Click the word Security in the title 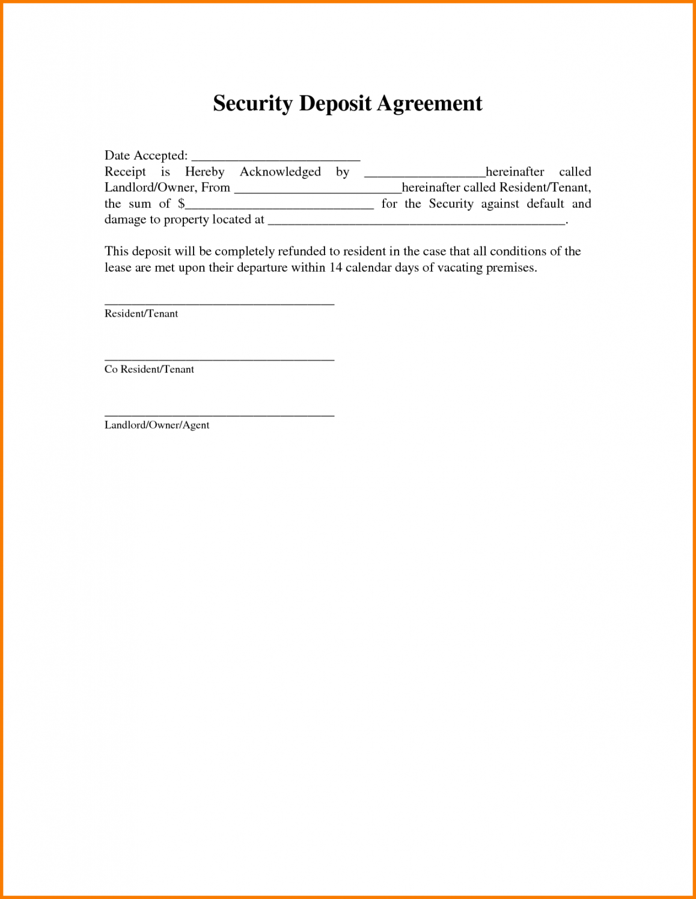tap(252, 104)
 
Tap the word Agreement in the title tap(429, 104)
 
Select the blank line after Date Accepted tap(275, 159)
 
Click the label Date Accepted tap(146, 156)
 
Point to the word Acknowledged tap(280, 172)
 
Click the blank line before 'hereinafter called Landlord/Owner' tap(424, 175)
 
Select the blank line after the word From tap(317, 191)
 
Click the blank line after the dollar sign tap(279, 207)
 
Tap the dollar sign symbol tap(181, 204)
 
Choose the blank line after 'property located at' tap(416, 223)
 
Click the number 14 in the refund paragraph tap(335, 267)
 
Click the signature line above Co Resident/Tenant tap(219, 359)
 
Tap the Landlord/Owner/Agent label tap(157, 425)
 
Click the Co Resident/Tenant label tap(149, 369)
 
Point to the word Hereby tap(204, 172)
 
